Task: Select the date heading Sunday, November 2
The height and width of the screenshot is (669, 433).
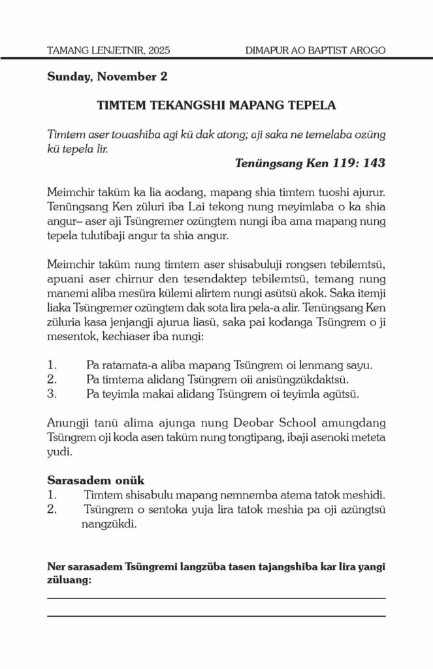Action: (x=107, y=76)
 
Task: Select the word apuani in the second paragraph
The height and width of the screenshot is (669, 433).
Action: (x=66, y=280)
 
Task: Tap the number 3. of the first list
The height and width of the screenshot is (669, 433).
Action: (x=53, y=394)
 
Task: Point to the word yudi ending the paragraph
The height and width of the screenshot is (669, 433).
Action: (x=58, y=451)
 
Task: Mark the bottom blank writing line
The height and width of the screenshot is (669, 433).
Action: (x=216, y=615)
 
